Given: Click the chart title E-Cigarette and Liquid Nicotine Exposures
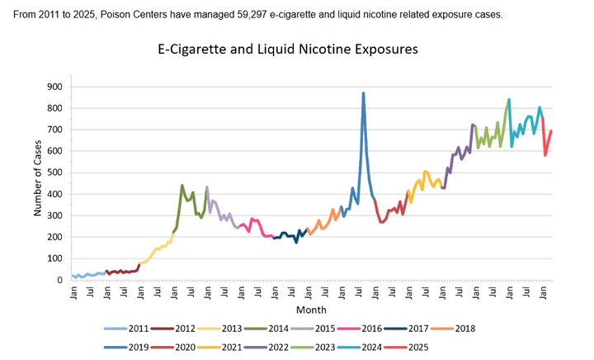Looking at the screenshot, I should pyautogui.click(x=288, y=50).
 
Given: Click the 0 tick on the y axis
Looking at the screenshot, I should pyautogui.click(x=58, y=280).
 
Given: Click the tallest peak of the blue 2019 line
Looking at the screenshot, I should pyautogui.click(x=363, y=93).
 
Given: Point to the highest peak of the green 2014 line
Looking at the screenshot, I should pyautogui.click(x=181, y=186).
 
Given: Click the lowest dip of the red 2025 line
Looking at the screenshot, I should pyautogui.click(x=545, y=155).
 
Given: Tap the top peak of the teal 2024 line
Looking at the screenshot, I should pyautogui.click(x=509, y=99).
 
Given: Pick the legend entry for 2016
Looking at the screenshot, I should pyautogui.click(x=393, y=328).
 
